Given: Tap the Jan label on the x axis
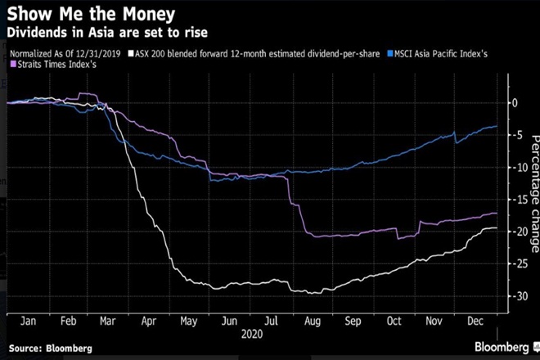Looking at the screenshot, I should (x=26, y=322).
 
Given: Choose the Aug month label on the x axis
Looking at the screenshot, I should (x=312, y=322).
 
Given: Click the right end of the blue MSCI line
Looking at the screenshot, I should (x=497, y=126).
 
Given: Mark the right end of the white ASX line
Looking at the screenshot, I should (x=497, y=227).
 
